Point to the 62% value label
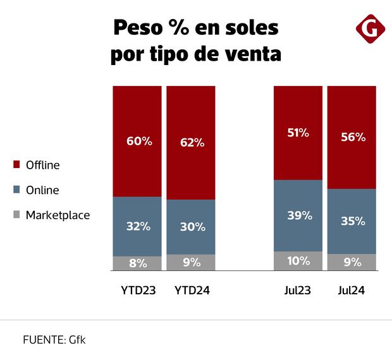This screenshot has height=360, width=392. (191, 143)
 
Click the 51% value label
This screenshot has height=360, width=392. (298, 133)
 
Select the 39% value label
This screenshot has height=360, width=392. (298, 215)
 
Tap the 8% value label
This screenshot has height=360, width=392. (137, 263)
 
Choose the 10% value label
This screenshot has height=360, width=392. (298, 260)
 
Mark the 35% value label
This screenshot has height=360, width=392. (352, 221)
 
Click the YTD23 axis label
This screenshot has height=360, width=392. (137, 291)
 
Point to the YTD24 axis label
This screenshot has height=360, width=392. (191, 291)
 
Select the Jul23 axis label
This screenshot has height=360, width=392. (298, 291)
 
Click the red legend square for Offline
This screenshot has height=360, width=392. (17, 165)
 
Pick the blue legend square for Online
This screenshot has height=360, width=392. (17, 190)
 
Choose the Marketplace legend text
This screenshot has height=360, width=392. (58, 215)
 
